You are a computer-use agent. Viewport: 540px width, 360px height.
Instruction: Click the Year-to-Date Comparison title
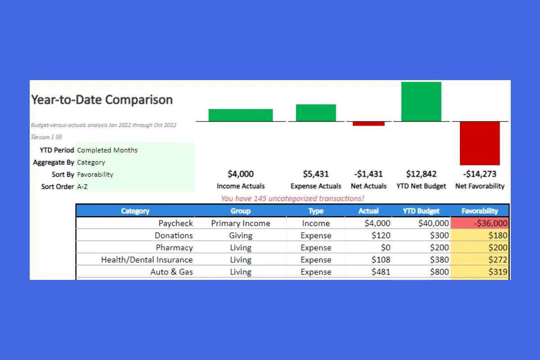point(102,99)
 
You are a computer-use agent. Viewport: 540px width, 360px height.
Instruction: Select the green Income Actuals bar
point(241,115)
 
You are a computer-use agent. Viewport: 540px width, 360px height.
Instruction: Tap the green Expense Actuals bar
point(316,113)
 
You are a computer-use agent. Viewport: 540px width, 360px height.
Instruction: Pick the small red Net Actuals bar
point(369,124)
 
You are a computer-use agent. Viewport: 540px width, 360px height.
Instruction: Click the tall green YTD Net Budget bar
point(421,102)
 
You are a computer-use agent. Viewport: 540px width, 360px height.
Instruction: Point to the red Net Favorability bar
point(480,144)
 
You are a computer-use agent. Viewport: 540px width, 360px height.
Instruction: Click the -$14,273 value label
point(480,174)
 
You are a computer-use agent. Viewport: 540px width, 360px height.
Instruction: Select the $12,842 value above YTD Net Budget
point(421,174)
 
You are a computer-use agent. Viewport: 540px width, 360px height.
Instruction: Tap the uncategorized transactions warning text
point(292,198)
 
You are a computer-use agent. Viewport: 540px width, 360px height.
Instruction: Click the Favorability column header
point(480,211)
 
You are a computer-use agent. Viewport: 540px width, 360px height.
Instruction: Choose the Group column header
point(241,211)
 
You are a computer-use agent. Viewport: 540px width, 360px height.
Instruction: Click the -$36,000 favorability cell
point(480,223)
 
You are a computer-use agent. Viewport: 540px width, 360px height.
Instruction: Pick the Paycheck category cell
point(176,223)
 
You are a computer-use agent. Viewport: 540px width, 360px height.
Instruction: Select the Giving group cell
point(241,236)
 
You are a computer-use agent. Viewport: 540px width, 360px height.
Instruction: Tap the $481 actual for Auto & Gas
point(381,272)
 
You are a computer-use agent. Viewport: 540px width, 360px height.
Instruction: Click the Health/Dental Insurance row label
point(147,260)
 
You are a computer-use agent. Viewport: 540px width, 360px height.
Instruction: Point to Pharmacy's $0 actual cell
point(386,247)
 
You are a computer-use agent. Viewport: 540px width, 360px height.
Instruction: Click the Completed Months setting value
point(107,150)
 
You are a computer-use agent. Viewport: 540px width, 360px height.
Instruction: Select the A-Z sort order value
point(82,187)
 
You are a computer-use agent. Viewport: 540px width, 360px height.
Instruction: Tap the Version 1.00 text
point(46,137)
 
